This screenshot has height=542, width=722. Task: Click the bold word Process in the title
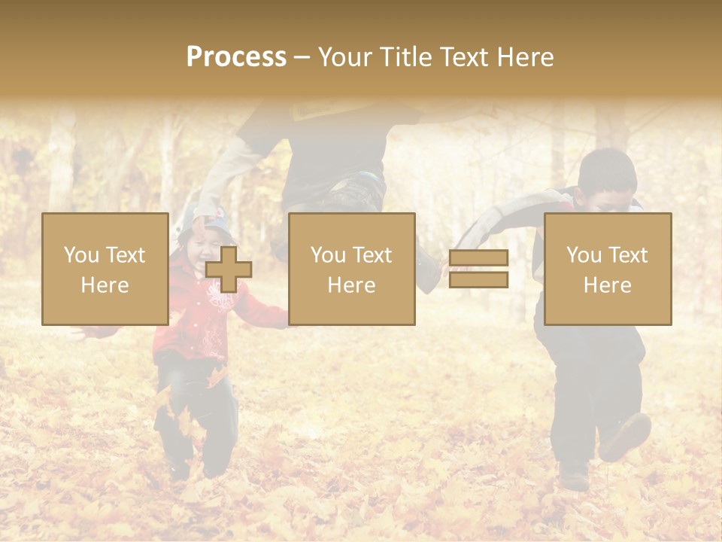236,57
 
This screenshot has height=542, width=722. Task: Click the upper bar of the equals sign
478,258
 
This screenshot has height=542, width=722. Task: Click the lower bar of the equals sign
478,280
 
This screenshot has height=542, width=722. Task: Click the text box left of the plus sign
105,269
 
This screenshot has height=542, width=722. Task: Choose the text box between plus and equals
351,269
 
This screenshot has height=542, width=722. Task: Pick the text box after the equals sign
608,269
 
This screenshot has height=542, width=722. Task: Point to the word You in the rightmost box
583,255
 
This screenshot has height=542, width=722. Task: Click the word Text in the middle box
372,255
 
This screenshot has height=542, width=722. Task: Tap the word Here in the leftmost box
105,285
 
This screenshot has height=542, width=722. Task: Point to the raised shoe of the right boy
626,437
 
